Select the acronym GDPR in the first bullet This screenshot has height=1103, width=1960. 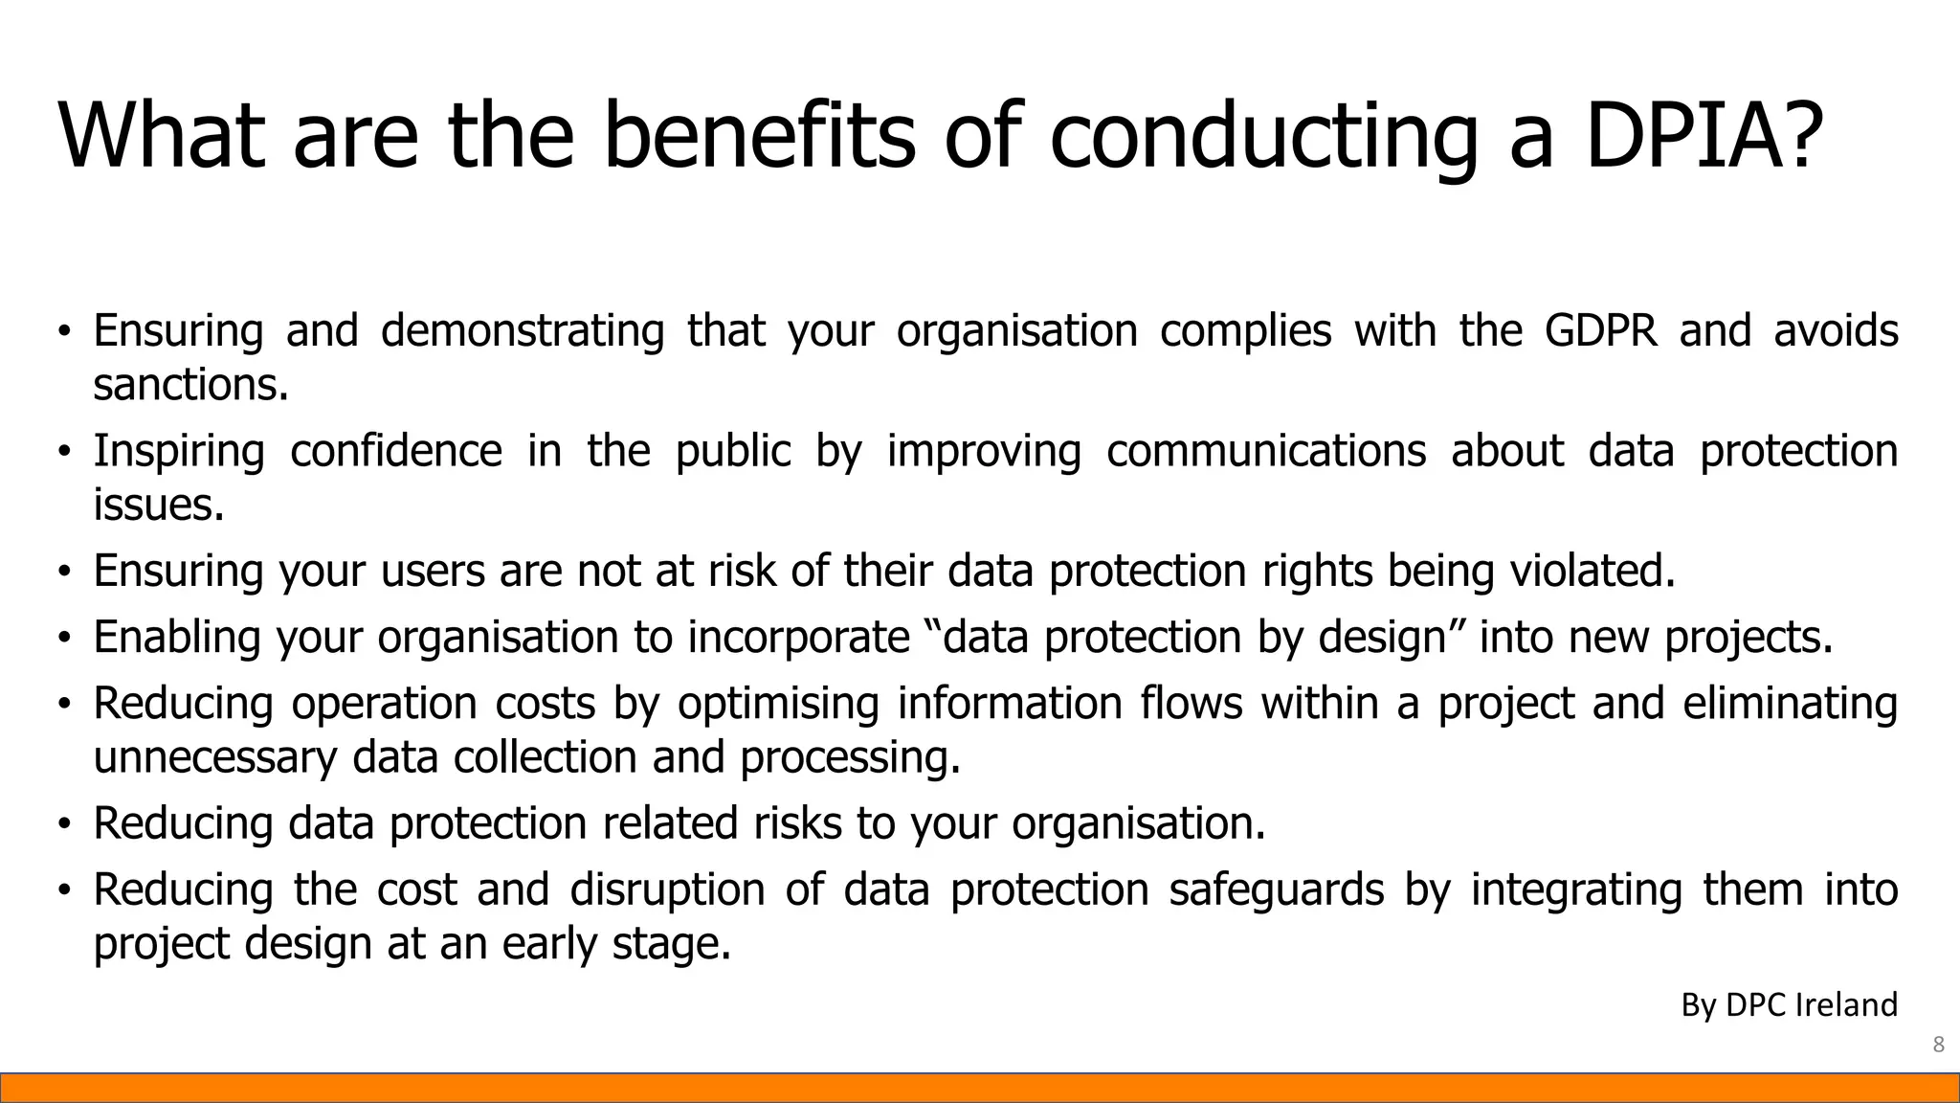[1600, 330]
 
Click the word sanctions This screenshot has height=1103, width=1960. [190, 385]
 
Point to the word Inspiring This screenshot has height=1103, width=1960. [179, 451]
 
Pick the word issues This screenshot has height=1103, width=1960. [158, 505]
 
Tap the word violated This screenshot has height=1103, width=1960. [1592, 571]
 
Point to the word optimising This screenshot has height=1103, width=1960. [778, 704]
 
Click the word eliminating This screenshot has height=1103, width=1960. [1790, 704]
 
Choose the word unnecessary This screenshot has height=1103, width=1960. [215, 757]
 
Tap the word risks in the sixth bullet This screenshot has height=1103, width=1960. [797, 823]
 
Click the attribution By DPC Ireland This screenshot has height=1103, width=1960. [1789, 1004]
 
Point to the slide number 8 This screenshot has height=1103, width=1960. [1938, 1045]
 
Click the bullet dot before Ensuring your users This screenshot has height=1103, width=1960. [64, 572]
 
